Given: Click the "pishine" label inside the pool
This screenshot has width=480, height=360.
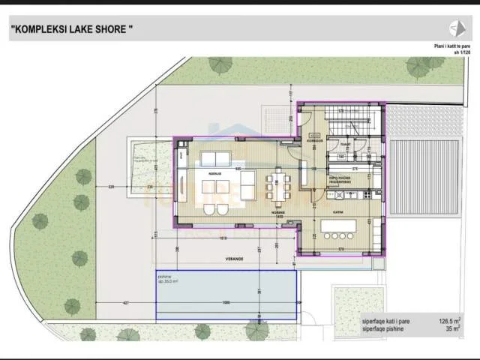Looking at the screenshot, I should (165, 275).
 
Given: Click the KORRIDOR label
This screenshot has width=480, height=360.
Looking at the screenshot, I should (314, 140).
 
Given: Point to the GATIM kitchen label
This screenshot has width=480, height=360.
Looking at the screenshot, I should (337, 212).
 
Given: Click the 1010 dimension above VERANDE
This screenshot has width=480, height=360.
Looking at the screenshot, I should (223, 239).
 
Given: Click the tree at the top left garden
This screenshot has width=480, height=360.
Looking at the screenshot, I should (220, 65).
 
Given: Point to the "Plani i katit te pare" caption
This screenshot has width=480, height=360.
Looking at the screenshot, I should (450, 46).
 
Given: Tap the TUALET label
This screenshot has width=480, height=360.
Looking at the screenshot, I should (346, 142).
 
